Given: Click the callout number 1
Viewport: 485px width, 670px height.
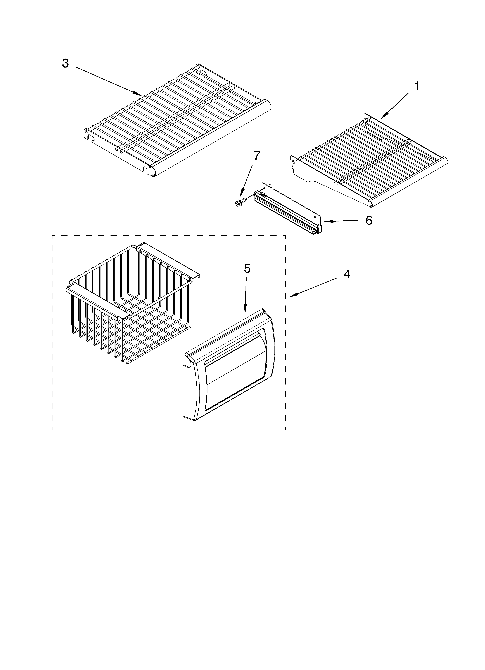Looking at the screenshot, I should pos(416,87).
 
